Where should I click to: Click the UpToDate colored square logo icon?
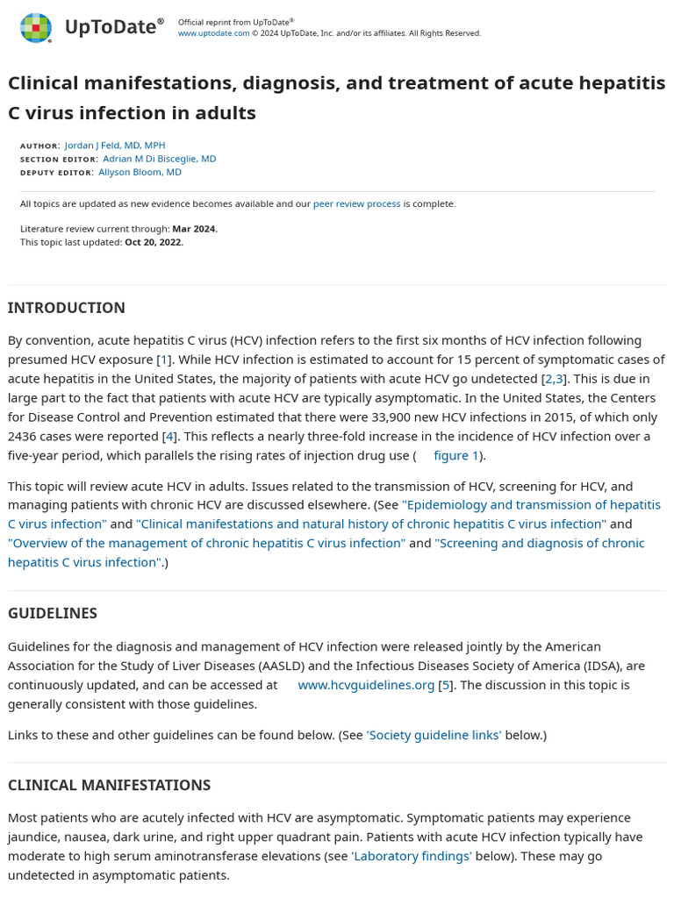[x=36, y=28]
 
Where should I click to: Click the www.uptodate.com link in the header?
[x=213, y=33]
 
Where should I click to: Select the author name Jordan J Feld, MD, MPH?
[x=115, y=146]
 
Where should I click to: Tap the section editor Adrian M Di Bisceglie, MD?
[x=159, y=159]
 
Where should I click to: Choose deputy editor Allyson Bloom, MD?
[x=140, y=172]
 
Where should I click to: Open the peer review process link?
[x=356, y=203]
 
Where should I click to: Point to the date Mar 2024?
[x=194, y=229]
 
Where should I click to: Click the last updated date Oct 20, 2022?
[x=154, y=242]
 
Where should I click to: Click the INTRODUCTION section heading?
[x=67, y=308]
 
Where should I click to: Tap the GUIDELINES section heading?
[x=53, y=613]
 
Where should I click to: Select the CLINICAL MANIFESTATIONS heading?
[x=109, y=785]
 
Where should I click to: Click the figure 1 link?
[x=456, y=455]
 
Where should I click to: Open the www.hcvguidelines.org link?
[x=366, y=685]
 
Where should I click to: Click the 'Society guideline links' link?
[x=434, y=735]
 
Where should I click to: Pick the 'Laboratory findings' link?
[x=412, y=856]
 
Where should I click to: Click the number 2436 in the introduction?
[x=25, y=436]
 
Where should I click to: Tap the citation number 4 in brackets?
[x=169, y=436]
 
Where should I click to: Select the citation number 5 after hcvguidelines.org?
[x=446, y=685]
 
